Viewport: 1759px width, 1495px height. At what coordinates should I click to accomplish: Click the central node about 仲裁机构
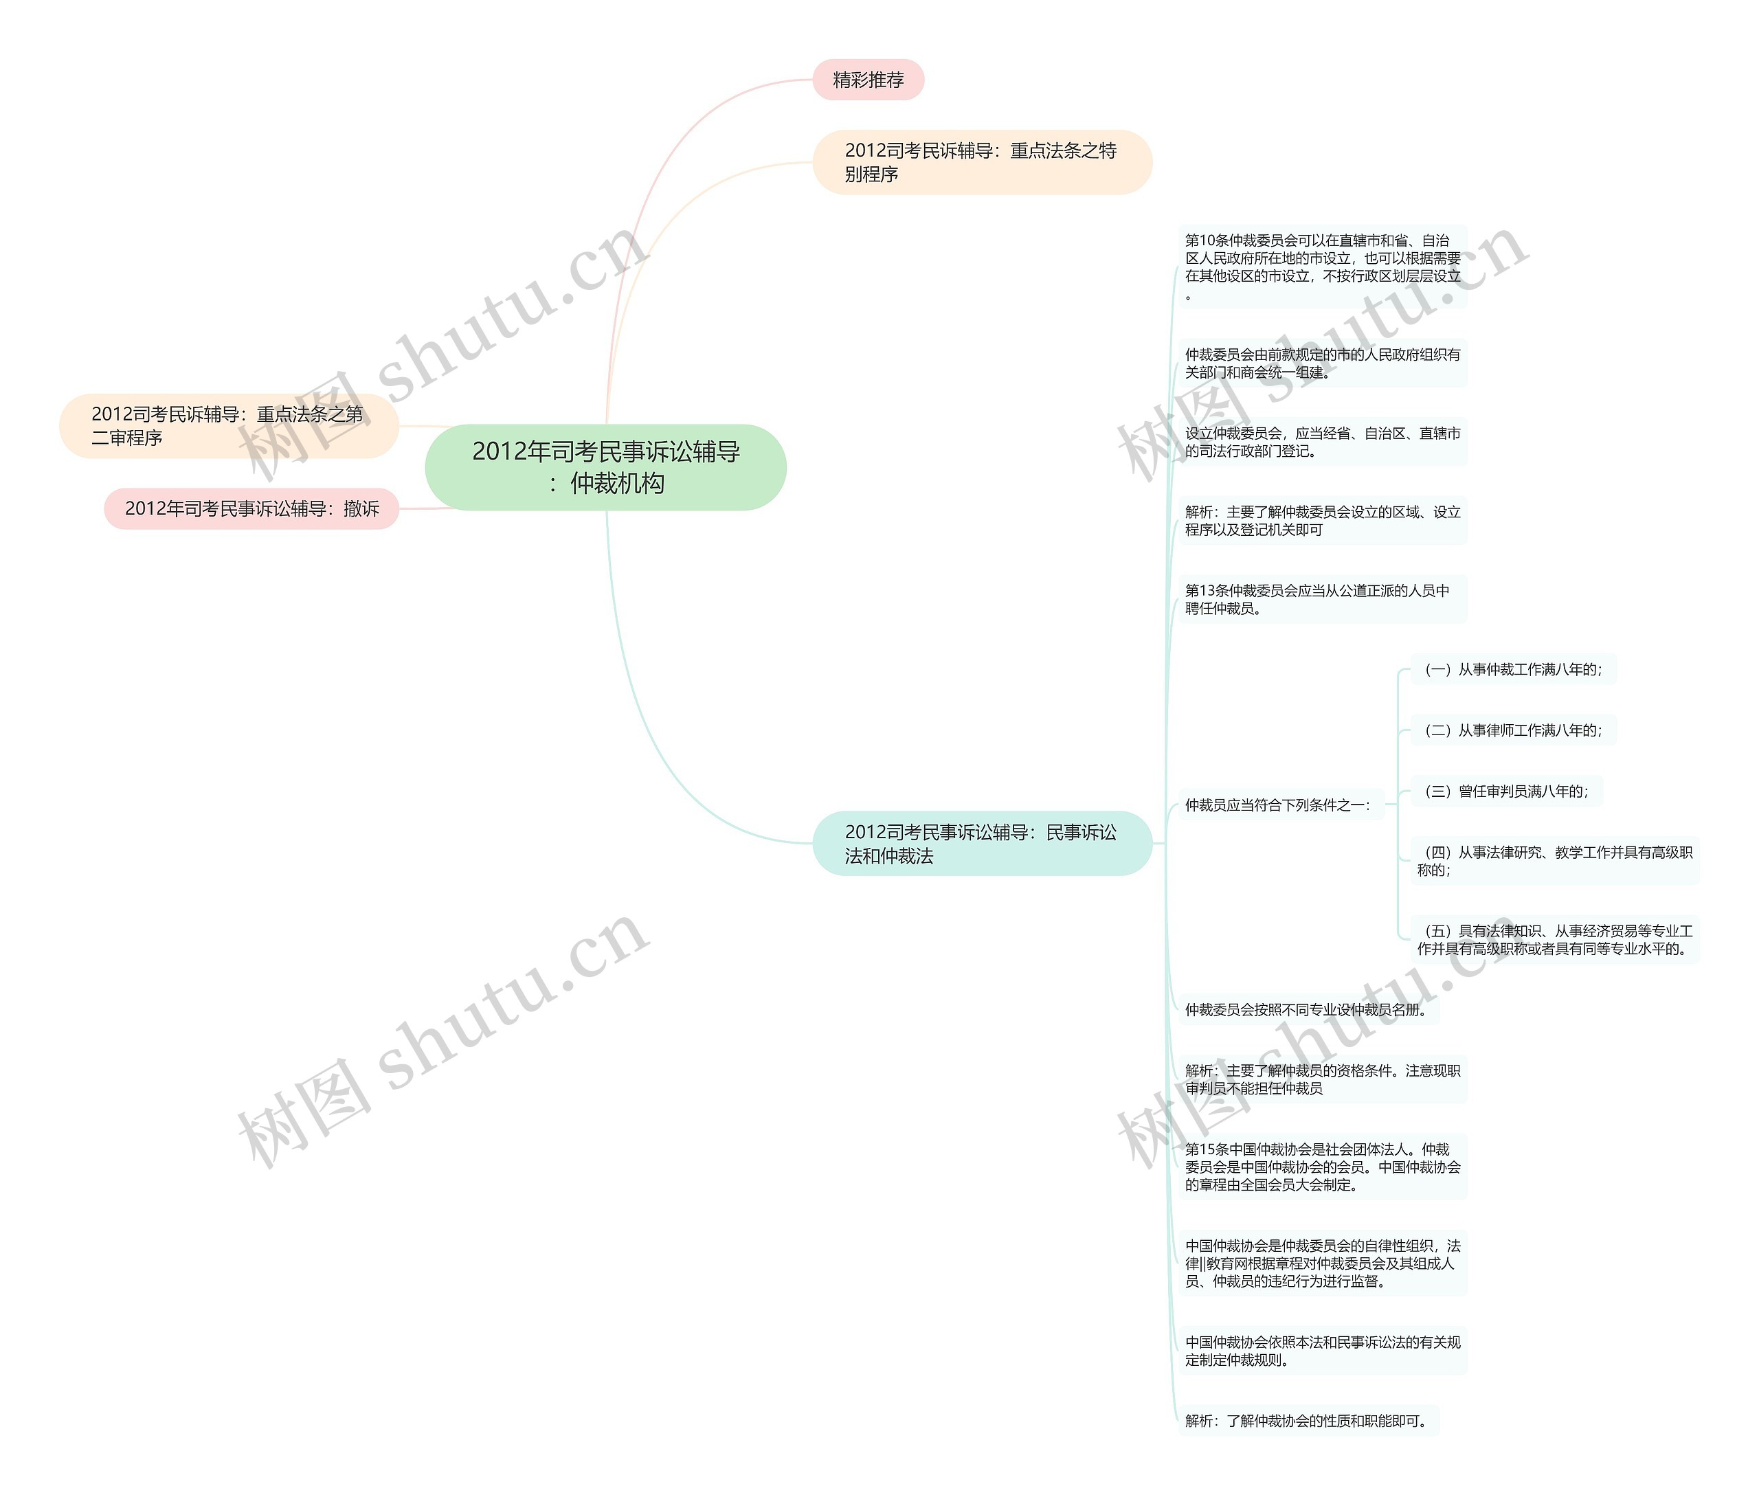tap(605, 467)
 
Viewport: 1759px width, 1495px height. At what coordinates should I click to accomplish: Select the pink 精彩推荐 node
tap(867, 80)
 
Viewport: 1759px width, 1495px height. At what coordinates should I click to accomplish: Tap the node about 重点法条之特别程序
tap(982, 162)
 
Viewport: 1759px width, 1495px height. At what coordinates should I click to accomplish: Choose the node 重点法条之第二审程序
tap(228, 425)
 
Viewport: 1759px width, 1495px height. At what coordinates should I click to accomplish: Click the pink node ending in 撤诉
tap(251, 508)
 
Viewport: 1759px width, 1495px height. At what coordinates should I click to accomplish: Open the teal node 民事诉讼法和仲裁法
tap(982, 843)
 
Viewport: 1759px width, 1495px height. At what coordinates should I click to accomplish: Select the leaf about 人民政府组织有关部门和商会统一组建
tap(1321, 363)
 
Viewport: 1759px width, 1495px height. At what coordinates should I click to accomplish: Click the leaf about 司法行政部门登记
tap(1321, 442)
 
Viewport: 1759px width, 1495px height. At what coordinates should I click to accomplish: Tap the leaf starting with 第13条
tap(1321, 599)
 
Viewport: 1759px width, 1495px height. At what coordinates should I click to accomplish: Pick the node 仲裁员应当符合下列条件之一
tap(1278, 805)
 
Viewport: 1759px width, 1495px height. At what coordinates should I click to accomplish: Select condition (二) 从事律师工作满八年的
tap(1513, 730)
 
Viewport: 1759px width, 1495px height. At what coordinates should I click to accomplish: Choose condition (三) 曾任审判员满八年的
tap(1506, 791)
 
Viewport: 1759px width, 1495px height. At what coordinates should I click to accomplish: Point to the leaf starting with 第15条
tap(1321, 1167)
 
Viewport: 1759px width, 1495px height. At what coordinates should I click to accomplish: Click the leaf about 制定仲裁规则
tap(1321, 1351)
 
